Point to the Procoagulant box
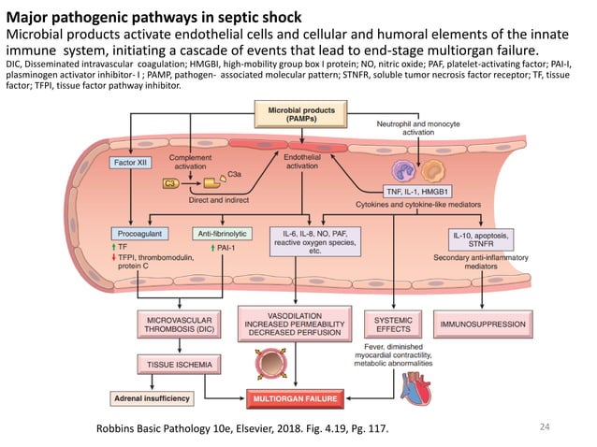138,232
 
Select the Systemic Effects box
386,324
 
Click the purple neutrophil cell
404,168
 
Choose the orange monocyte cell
434,169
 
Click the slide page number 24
547,427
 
